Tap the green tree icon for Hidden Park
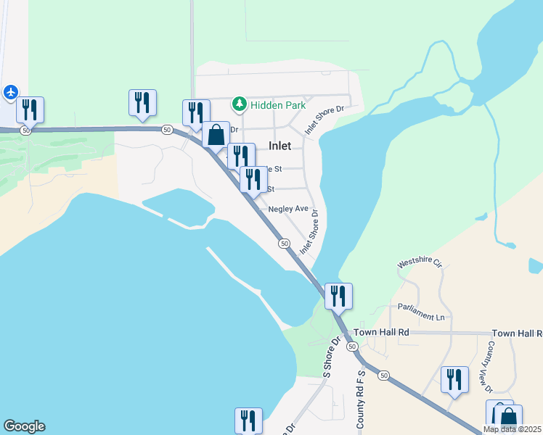coord(239,105)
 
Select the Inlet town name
coord(279,146)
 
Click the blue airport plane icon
coord(10,92)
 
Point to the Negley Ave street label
coord(289,209)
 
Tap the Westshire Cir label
coord(420,263)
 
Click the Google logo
coord(23,426)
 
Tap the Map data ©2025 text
coord(512,429)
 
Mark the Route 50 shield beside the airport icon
coord(26,130)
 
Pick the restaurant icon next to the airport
coord(30,109)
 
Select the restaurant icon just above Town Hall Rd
coord(338,296)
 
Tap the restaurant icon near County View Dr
coord(454,379)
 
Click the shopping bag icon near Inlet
coord(216,134)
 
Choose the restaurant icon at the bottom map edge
coord(248,420)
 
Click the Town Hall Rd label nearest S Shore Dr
coord(381,332)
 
